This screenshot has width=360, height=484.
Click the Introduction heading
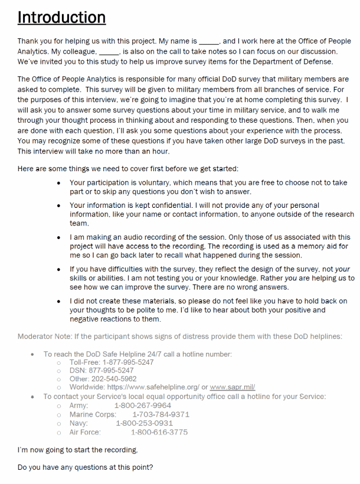[x=61, y=18]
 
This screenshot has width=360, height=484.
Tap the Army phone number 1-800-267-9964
[x=142, y=405]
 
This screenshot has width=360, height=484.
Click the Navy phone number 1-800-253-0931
[x=144, y=423]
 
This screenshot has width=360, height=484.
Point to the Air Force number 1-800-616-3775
[x=159, y=432]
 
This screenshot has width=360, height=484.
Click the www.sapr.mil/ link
[x=233, y=387]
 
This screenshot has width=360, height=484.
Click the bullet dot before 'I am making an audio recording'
[x=59, y=237]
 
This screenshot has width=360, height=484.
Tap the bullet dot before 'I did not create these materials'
[x=59, y=301]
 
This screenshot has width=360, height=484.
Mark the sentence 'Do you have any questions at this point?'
[x=85, y=468]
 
